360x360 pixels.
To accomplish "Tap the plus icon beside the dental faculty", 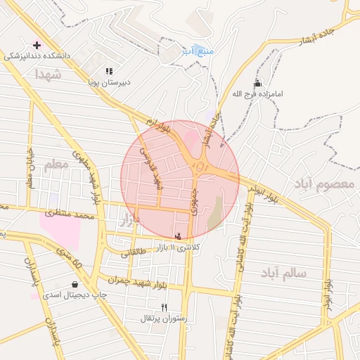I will point(37,45).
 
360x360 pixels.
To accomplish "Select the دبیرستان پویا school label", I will point(109,82).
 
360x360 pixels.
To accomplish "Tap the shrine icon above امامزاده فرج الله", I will point(258,84).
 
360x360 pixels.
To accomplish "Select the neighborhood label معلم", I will point(58,166).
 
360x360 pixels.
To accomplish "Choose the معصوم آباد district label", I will point(324,184).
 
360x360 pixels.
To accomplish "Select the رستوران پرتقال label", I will point(164,319).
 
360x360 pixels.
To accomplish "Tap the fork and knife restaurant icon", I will point(164,307).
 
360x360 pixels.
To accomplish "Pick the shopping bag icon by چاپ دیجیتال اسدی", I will point(74,285).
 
